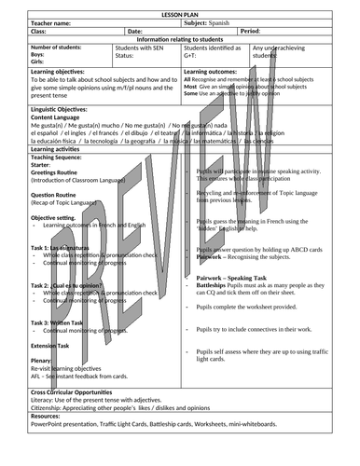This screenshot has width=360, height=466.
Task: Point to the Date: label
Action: pos(135,32)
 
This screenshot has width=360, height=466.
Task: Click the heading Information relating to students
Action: pos(180,40)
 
